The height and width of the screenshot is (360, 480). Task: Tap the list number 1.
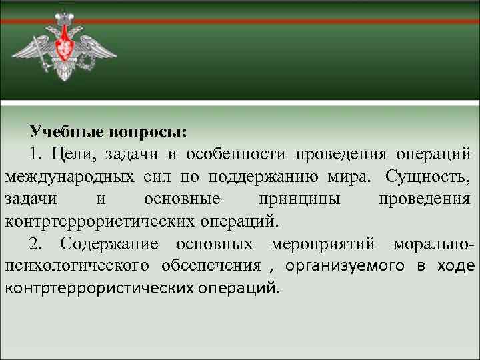click(x=35, y=155)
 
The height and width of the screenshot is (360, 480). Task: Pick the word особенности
click(x=236, y=155)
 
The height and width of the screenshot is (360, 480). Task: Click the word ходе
click(x=456, y=265)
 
